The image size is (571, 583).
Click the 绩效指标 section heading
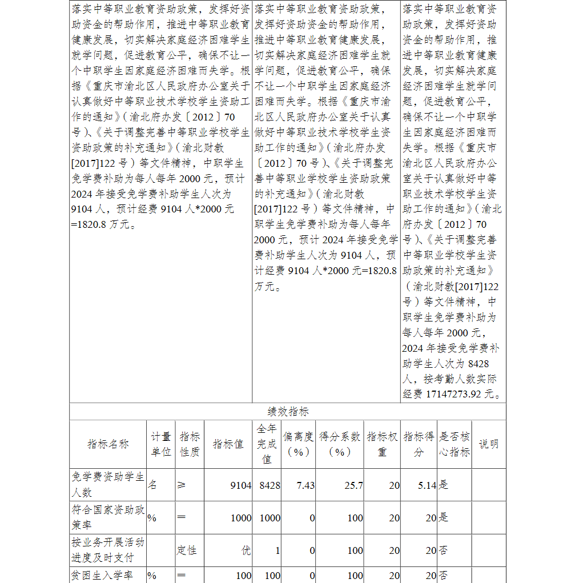(288, 412)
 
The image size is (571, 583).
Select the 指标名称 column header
(108, 444)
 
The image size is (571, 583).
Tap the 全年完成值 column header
(267, 444)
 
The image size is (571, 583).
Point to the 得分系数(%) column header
(340, 444)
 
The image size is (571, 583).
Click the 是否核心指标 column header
(454, 444)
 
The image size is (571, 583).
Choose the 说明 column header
(488, 444)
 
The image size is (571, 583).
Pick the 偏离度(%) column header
(299, 444)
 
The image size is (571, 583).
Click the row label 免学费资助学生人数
(108, 484)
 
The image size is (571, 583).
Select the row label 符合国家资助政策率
(108, 517)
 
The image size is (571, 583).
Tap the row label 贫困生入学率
(103, 575)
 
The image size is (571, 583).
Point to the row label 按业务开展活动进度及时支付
(108, 549)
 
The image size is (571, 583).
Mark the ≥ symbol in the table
(182, 485)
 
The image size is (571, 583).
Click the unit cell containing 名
(152, 485)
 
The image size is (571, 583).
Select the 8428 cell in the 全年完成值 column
(270, 485)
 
